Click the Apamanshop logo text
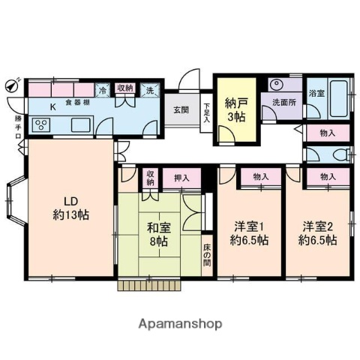pos(180,324)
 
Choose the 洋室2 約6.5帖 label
pos(319,232)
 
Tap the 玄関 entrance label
pos(181,109)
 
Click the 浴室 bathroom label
pos(316,94)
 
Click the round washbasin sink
pos(274,85)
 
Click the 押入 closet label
pos(181,178)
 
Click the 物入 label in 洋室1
pos(261,177)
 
